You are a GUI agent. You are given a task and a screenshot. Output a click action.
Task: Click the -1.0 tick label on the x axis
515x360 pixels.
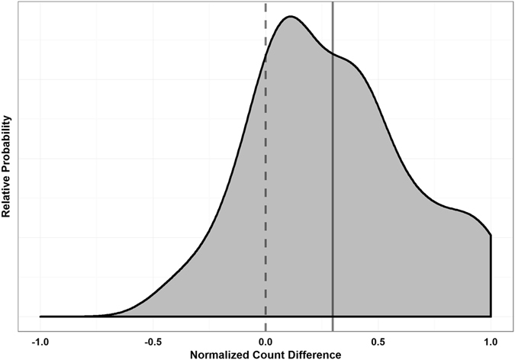click(40, 341)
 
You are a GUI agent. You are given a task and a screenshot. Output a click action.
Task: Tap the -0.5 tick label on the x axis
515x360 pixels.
click(153, 341)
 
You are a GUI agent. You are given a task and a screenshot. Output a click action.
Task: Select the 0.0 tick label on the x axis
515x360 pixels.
click(266, 341)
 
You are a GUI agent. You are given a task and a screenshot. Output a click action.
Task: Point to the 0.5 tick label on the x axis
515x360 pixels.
click(378, 341)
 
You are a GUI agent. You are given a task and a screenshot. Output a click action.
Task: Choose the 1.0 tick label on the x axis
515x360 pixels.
click(491, 341)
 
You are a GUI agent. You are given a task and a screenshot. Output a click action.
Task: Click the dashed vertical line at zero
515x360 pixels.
click(266, 191)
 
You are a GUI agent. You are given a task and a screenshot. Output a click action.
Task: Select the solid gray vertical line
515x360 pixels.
click(333, 191)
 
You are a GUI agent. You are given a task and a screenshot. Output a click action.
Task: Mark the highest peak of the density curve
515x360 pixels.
click(289, 17)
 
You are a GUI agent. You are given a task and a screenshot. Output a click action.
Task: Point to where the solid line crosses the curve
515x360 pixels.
click(333, 54)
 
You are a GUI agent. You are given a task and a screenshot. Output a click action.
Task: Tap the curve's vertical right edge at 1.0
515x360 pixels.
click(491, 275)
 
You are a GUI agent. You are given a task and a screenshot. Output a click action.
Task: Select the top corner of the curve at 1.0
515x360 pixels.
click(491, 235)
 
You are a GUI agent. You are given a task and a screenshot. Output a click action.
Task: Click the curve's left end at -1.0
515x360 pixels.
click(40, 316)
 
